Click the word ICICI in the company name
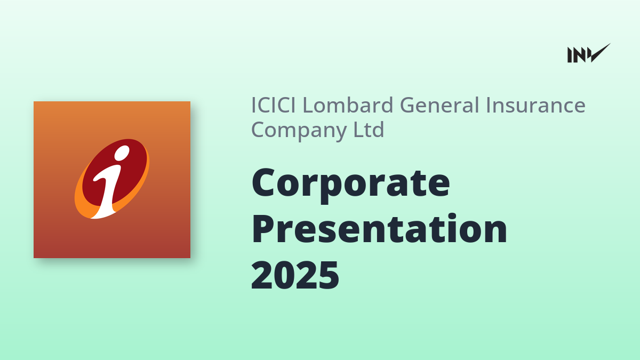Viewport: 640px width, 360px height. coord(274,105)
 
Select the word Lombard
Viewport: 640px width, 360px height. coord(348,105)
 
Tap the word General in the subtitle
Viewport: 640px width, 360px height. coord(441,105)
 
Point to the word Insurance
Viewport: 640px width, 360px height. coord(536,105)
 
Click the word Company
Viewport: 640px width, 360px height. coord(299,130)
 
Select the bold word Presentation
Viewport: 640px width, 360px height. coord(379,229)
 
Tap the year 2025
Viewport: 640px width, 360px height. coord(295,275)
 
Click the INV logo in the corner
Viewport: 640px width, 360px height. coord(589,53)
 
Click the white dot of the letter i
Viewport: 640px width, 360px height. coord(122,153)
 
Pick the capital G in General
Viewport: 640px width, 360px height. coord(411,105)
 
